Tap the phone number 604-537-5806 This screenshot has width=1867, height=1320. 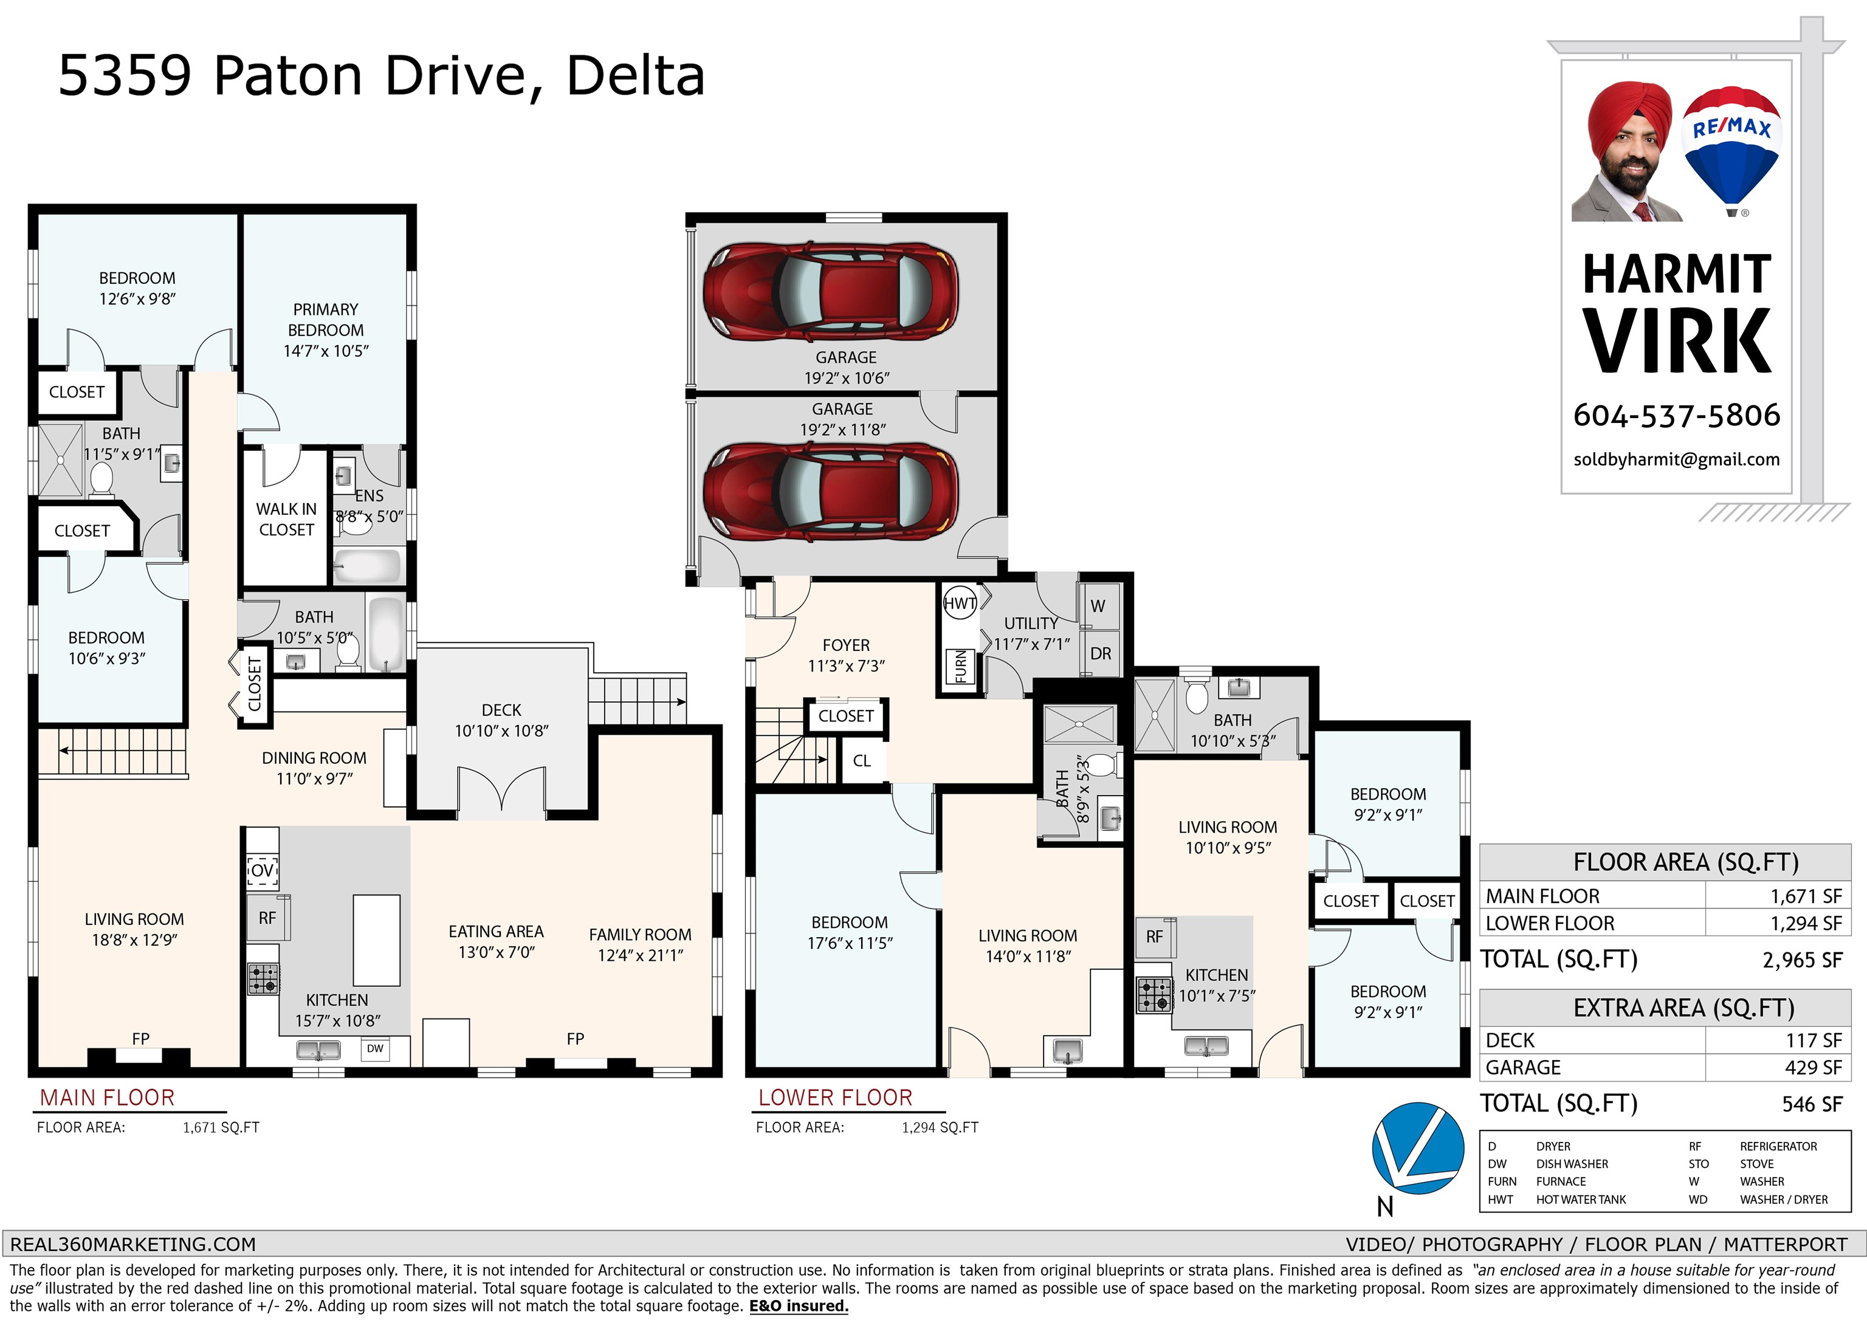[1677, 416]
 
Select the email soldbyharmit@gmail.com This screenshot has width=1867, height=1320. [1677, 459]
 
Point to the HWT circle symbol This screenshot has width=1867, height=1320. [960, 603]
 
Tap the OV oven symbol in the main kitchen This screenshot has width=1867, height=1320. [262, 870]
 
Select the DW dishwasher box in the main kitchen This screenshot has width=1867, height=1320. [375, 1048]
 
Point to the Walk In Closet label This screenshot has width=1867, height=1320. [286, 519]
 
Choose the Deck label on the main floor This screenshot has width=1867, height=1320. [502, 710]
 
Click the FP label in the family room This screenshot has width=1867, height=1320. [575, 1039]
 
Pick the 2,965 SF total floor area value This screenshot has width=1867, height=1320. [1802, 960]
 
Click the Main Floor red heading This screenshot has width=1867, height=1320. [108, 1098]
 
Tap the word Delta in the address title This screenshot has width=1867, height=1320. [635, 75]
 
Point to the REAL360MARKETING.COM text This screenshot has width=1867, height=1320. [132, 1245]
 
